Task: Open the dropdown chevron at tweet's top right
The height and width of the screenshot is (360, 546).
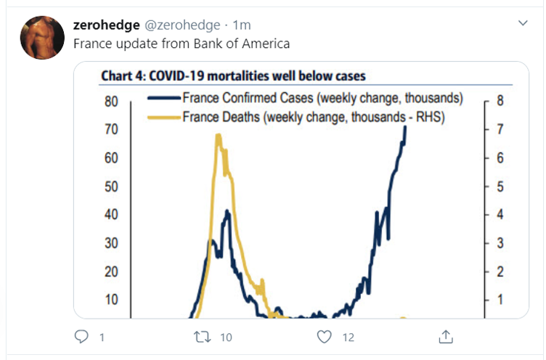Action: click(523, 24)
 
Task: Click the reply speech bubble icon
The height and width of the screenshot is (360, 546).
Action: click(82, 337)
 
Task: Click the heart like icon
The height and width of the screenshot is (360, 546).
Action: click(325, 337)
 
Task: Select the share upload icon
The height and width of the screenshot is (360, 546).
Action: click(447, 336)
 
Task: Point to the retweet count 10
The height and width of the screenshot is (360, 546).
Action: click(226, 337)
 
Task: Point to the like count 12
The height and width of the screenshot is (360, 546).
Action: click(348, 337)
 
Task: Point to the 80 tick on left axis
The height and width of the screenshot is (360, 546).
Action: click(111, 102)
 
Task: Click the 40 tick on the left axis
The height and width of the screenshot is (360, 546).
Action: click(111, 215)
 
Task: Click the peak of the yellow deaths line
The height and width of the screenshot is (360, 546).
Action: click(218, 135)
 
